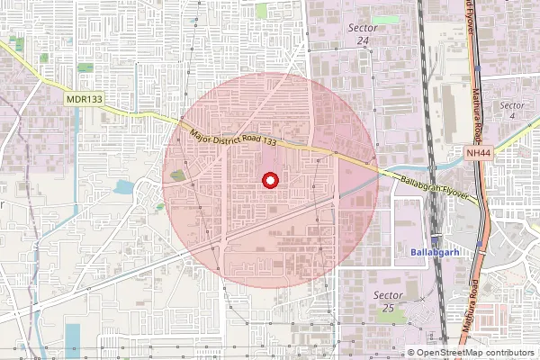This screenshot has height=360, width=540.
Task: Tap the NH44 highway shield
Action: pos(479,155)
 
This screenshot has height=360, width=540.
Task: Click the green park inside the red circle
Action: pos(177,175)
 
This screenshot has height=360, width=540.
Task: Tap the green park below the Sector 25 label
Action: pos(393,316)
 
